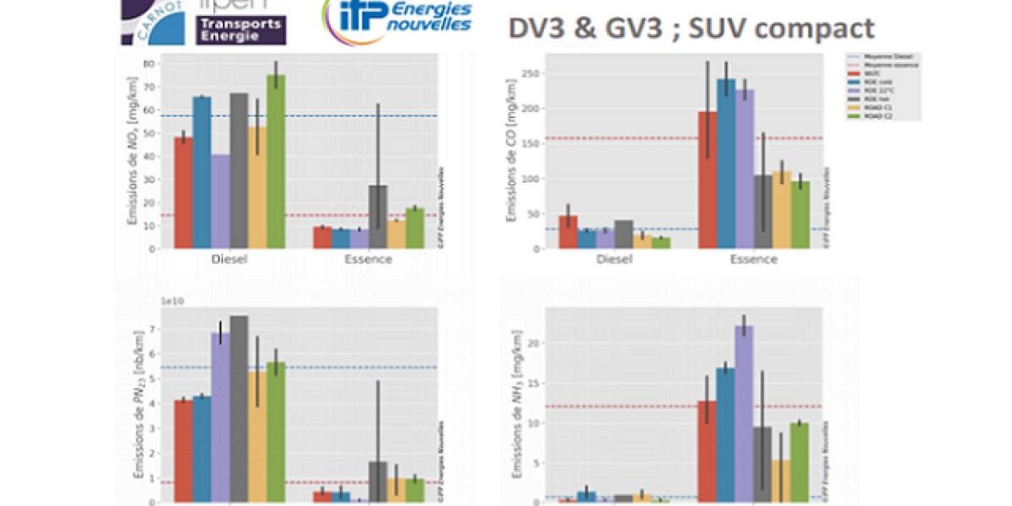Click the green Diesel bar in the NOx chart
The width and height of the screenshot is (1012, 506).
coord(276,161)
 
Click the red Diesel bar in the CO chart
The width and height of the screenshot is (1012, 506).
coord(568,232)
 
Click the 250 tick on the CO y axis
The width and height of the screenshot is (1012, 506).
coord(532,73)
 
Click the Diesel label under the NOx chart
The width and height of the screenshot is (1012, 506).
coord(229,259)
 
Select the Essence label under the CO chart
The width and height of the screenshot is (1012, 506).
coord(754,259)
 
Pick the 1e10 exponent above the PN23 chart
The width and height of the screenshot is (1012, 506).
coord(172,301)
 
